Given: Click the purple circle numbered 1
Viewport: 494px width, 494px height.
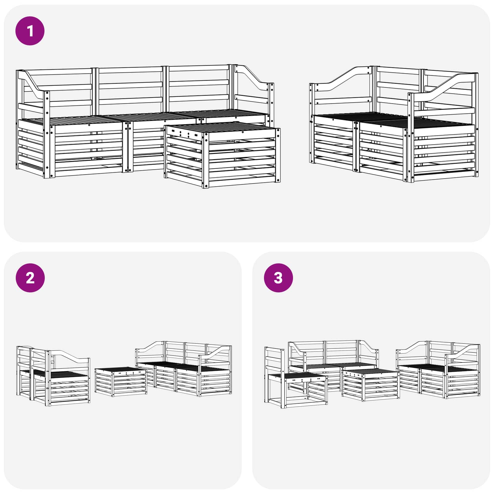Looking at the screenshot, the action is pos(30,31).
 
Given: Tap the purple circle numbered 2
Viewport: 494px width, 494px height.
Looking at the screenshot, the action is pos(30,278).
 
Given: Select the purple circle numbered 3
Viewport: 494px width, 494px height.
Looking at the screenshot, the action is pos(278,278).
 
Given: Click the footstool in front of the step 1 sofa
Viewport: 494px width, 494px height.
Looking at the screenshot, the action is pos(222,154).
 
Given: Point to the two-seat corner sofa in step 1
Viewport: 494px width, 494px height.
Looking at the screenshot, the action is pos(394,124).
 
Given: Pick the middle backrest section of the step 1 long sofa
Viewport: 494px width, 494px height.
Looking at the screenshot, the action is pos(130,90).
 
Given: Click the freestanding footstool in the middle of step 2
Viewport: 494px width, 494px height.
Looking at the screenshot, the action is pos(121,381).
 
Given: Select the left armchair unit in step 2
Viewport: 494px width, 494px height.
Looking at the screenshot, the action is pos(53,375).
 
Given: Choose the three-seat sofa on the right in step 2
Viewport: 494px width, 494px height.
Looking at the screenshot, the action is pos(184,369).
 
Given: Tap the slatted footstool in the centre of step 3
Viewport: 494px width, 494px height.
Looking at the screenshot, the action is pos(370,384).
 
